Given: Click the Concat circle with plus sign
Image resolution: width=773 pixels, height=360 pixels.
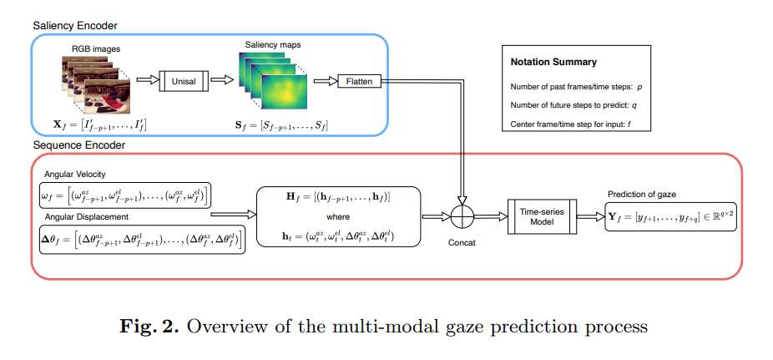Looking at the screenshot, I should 462,217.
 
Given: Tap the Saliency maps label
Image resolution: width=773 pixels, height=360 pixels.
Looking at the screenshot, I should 270,43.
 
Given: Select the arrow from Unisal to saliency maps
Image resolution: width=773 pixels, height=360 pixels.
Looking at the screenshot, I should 221,82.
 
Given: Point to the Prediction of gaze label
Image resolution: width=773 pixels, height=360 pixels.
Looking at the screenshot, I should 643,194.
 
